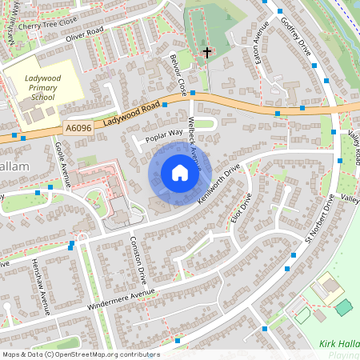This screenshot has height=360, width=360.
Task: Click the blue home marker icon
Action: tap(180, 173)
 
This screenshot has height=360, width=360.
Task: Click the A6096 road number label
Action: tap(79, 126)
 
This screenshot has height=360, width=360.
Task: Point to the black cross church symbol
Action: tap(207, 53)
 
